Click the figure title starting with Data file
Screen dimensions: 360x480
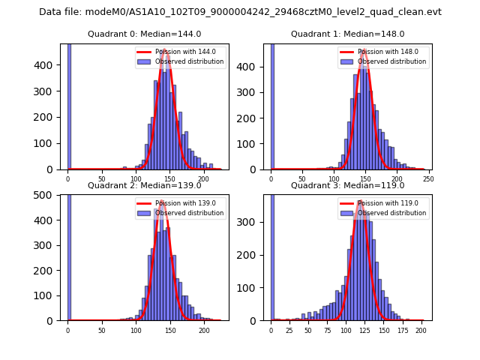tap(240, 12)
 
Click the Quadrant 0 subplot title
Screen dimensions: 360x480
tap(144, 34)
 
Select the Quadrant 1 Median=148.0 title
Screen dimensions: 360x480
tap(347, 34)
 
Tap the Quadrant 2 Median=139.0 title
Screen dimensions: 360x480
tap(144, 185)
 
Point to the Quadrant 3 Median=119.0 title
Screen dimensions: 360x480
tap(347, 185)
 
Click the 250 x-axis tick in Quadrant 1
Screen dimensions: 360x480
tap(429, 180)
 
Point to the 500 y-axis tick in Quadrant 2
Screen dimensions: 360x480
tap(44, 195)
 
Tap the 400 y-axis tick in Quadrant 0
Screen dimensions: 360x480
tap(44, 65)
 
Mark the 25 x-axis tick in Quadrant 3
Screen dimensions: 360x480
tap(289, 331)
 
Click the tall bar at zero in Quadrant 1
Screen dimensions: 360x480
tap(271, 105)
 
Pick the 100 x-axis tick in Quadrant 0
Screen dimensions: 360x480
tap(136, 180)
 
